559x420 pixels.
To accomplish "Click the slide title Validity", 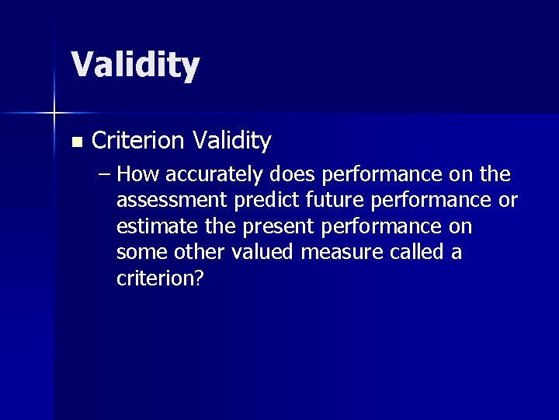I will click(x=135, y=65).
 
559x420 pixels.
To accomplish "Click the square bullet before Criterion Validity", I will click(x=75, y=142).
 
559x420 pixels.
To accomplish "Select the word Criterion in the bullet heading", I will click(x=138, y=141).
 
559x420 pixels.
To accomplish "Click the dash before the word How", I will click(x=106, y=174).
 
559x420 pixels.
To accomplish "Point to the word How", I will click(x=141, y=174).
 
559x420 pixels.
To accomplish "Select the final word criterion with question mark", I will click(x=160, y=278).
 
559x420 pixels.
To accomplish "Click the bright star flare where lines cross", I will click(x=54, y=114).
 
